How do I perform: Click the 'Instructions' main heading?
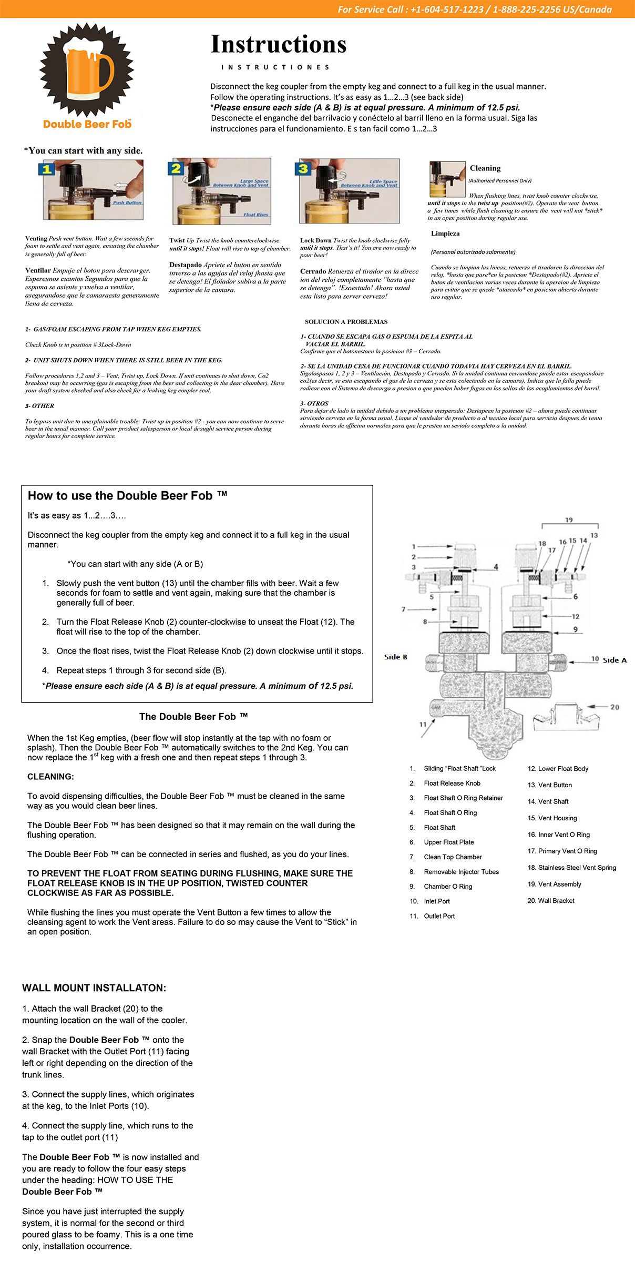(278, 45)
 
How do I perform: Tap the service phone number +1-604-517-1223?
(447, 9)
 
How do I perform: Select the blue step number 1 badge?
(47, 169)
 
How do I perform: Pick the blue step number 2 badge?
(176, 168)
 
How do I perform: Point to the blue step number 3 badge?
(303, 169)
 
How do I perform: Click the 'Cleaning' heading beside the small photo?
(485, 168)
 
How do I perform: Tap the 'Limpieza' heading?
(445, 233)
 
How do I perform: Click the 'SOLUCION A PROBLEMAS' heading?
(346, 322)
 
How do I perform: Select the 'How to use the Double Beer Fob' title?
(127, 496)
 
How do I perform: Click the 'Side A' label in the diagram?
(614, 660)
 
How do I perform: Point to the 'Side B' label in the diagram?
(396, 657)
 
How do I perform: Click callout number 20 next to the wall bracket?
(614, 707)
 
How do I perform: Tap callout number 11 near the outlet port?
(423, 724)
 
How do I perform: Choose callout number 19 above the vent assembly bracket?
(569, 520)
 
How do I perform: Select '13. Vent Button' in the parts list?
(550, 785)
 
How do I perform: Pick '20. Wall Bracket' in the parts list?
(551, 901)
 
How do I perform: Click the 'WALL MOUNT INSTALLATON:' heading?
(94, 988)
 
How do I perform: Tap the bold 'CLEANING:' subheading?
(50, 777)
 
